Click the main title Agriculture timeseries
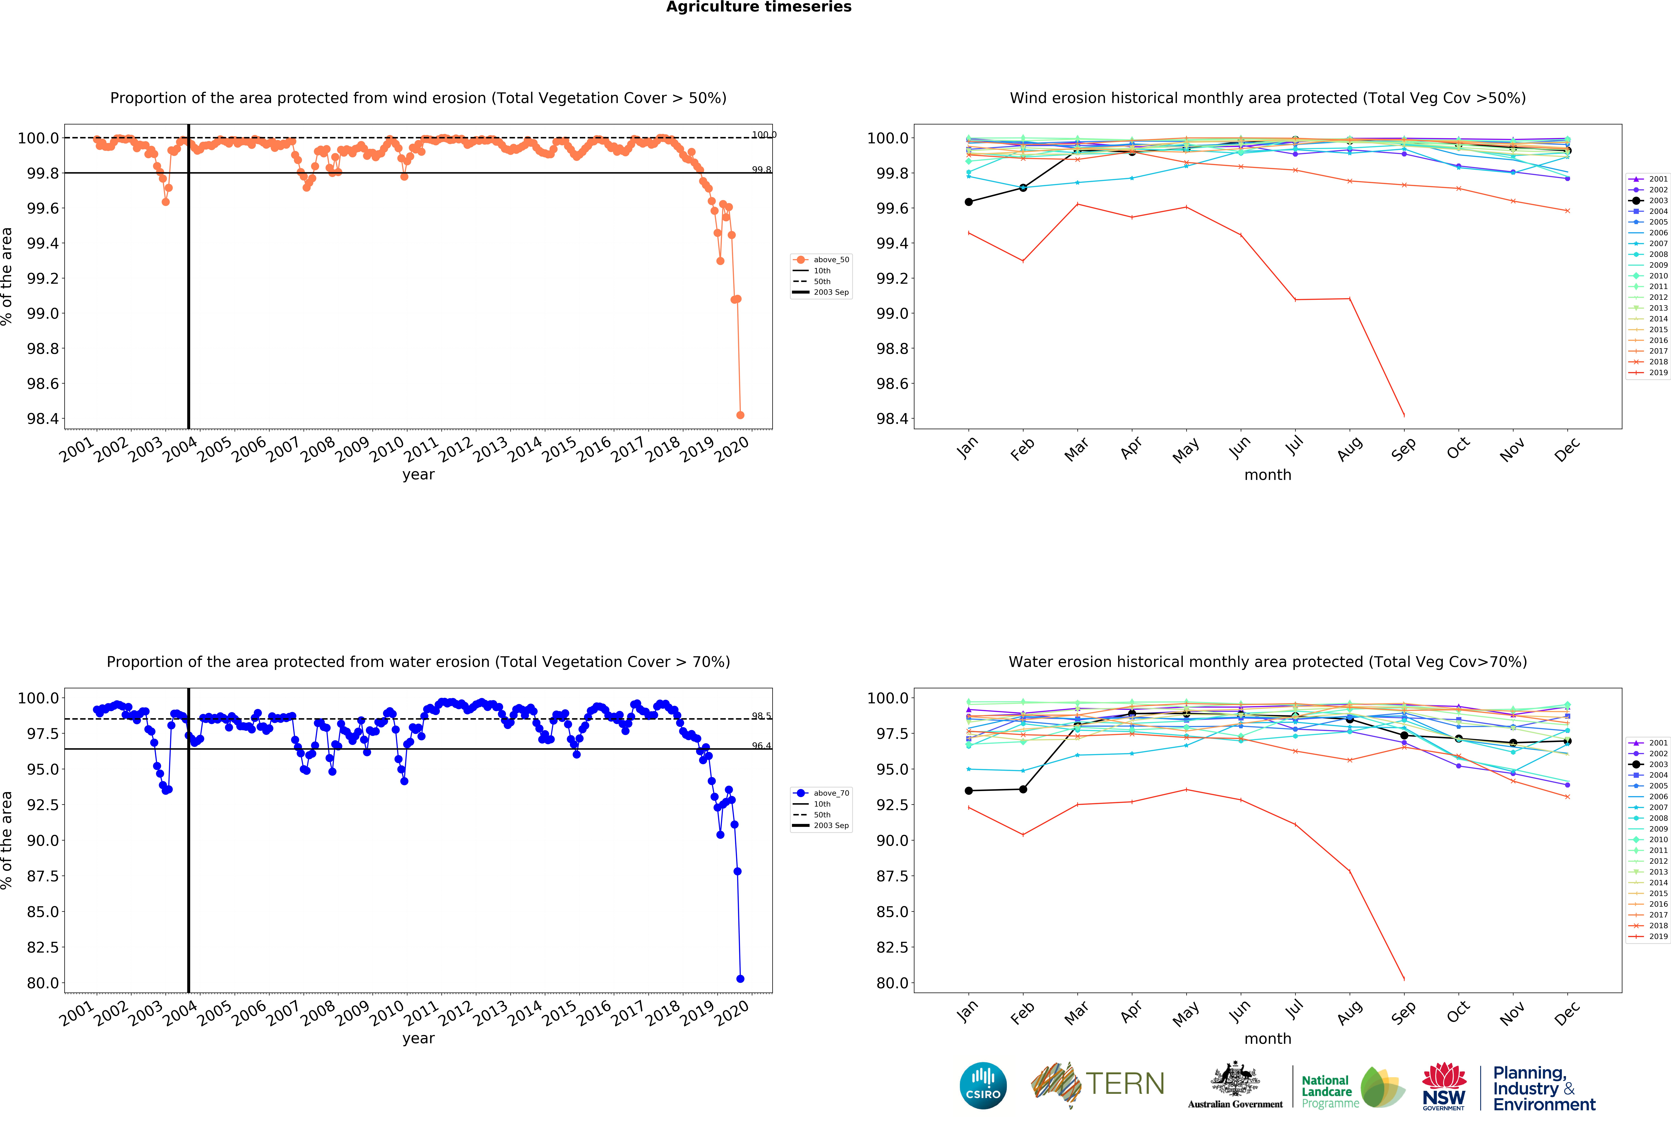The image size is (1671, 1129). click(x=759, y=7)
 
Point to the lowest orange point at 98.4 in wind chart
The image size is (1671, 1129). click(x=740, y=415)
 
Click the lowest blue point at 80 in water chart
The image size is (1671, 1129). click(x=740, y=979)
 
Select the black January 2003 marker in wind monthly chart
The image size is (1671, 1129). click(x=969, y=202)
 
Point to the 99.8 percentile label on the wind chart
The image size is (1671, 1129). click(x=762, y=170)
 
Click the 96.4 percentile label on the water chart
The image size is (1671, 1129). click(x=762, y=746)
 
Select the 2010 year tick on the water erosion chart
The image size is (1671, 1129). click(x=387, y=1013)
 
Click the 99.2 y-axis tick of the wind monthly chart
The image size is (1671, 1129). click(x=892, y=278)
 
